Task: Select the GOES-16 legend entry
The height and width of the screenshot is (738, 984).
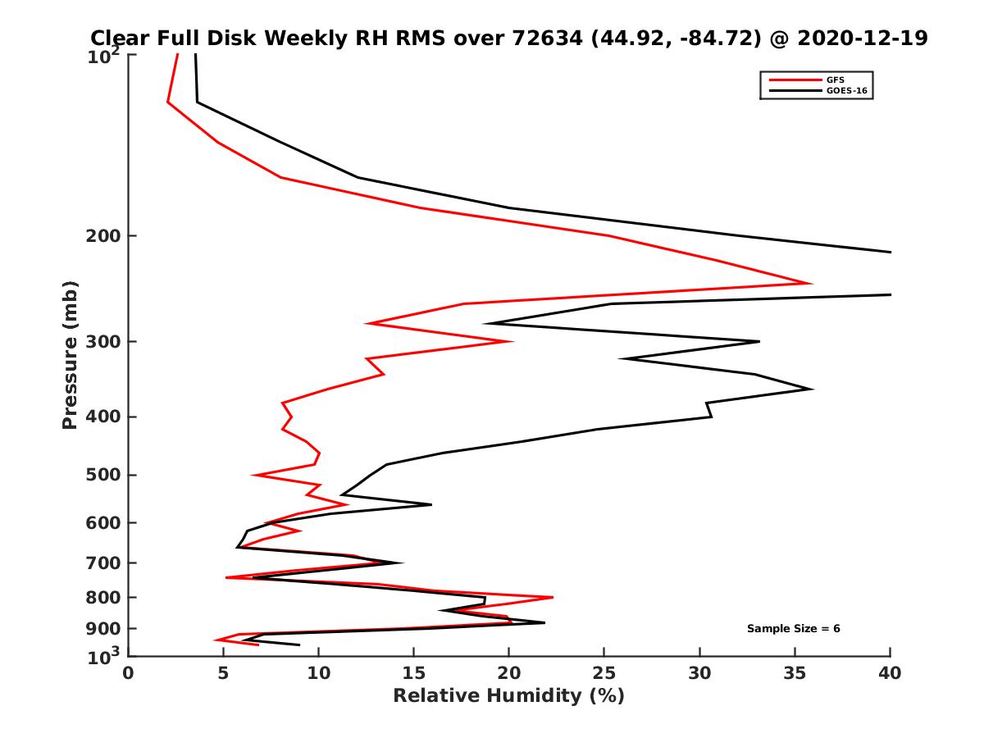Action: pyautogui.click(x=844, y=90)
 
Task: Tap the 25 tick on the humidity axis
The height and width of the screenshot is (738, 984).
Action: pyautogui.click(x=604, y=673)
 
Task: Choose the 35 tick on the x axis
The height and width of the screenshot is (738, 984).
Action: pyautogui.click(x=795, y=673)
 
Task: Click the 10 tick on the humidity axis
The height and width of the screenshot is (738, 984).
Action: pyautogui.click(x=319, y=673)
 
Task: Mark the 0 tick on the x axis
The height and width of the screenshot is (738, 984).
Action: pyautogui.click(x=129, y=673)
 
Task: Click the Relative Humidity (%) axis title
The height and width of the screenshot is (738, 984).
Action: pyautogui.click(x=508, y=696)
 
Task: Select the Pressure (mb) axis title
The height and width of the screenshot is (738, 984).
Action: pyautogui.click(x=70, y=355)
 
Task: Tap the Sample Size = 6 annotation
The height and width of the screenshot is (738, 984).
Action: pyautogui.click(x=793, y=629)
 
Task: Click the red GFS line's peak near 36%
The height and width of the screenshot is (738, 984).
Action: pyautogui.click(x=810, y=284)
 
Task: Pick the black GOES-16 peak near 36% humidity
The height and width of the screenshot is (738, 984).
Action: pyautogui.click(x=812, y=389)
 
